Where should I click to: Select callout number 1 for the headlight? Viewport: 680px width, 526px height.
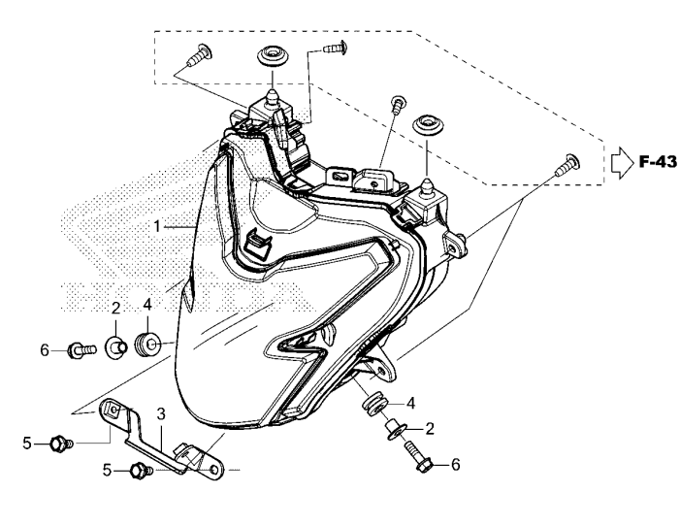156,226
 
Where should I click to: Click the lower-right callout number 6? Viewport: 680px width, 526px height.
455,465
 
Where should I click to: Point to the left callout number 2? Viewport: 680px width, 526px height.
114,308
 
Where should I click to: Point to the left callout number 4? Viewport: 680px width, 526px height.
147,305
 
